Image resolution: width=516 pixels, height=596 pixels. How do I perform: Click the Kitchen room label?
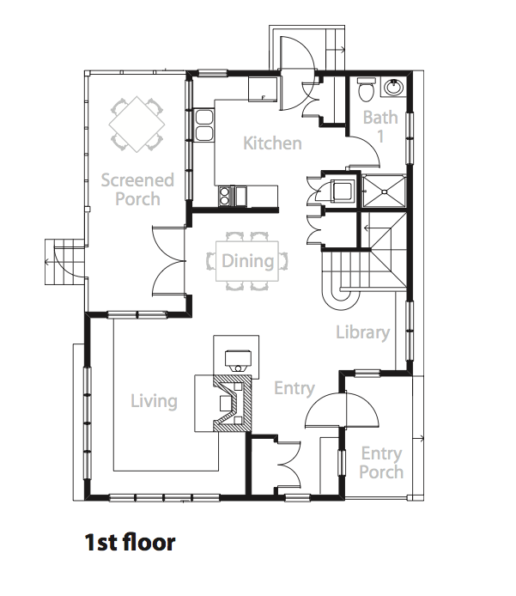pos(272,143)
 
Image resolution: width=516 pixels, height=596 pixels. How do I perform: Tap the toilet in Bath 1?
pos(367,89)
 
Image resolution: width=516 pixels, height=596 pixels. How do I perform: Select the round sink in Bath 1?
pos(394,88)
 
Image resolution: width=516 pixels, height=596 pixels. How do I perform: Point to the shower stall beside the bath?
pos(384,191)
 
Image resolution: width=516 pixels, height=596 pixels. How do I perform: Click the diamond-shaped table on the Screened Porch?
pos(137,124)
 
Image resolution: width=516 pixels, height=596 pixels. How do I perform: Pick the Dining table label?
pos(248,261)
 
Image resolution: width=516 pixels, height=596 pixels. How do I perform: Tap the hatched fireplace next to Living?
pos(232,404)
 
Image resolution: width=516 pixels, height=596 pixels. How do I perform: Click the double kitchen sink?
pos(204,125)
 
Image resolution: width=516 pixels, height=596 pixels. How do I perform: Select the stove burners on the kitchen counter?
pos(224,196)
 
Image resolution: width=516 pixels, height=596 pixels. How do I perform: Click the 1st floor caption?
pos(130,542)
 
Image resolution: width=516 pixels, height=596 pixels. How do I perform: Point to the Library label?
pos(363,332)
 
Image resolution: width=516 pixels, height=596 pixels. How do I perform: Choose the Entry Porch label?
pos(381,463)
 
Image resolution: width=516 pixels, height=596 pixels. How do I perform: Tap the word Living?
pos(154,402)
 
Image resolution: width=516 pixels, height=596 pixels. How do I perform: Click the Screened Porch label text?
pos(137,189)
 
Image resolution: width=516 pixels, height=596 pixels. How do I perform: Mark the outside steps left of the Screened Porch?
pos(64,262)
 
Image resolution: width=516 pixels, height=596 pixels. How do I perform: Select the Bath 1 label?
pos(380,126)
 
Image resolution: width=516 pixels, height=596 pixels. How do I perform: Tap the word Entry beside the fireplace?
pos(294,389)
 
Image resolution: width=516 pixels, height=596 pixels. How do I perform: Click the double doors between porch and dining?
pos(168,261)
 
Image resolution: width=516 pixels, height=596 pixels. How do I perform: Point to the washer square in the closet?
pos(343,191)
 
